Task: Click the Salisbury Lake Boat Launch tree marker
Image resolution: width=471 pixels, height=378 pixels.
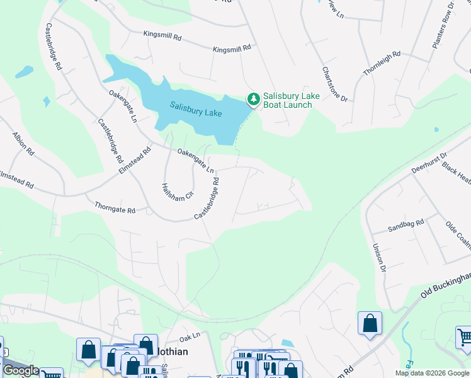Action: [x=253, y=99]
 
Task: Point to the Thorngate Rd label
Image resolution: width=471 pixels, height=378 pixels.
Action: [x=115, y=207]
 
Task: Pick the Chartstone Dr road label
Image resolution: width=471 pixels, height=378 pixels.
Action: [x=335, y=84]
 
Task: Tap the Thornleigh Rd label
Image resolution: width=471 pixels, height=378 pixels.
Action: [x=382, y=64]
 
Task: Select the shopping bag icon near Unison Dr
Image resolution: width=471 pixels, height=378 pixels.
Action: [x=370, y=323]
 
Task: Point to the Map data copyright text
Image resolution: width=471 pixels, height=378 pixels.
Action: [x=432, y=373]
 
